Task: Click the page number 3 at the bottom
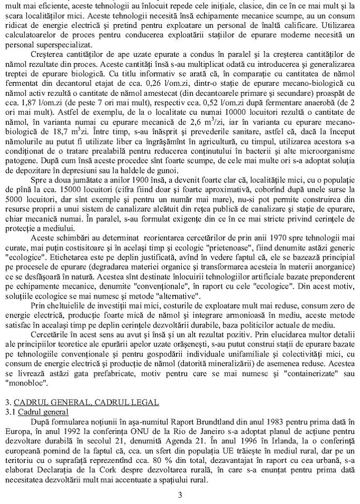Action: tap(180, 495)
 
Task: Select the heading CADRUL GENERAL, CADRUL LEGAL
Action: tap(86, 402)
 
